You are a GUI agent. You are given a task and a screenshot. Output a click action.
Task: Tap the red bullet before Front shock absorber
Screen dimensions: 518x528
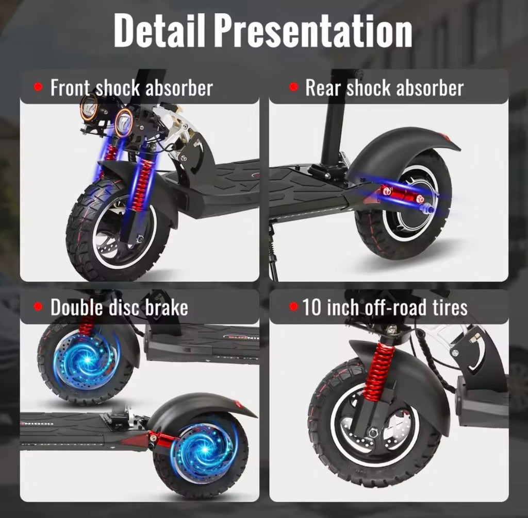[38, 88]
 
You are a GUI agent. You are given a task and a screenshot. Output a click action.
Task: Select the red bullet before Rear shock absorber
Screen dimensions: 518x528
[293, 88]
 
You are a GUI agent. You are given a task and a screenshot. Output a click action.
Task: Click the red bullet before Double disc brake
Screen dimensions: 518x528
[38, 307]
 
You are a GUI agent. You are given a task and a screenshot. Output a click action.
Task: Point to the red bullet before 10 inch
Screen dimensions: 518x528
[293, 307]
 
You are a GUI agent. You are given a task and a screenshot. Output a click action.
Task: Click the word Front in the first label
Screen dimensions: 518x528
[71, 88]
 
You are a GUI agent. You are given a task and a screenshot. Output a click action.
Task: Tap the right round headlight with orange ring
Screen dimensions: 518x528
[124, 123]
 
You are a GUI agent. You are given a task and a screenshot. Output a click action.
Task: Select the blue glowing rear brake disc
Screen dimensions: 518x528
[203, 449]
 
